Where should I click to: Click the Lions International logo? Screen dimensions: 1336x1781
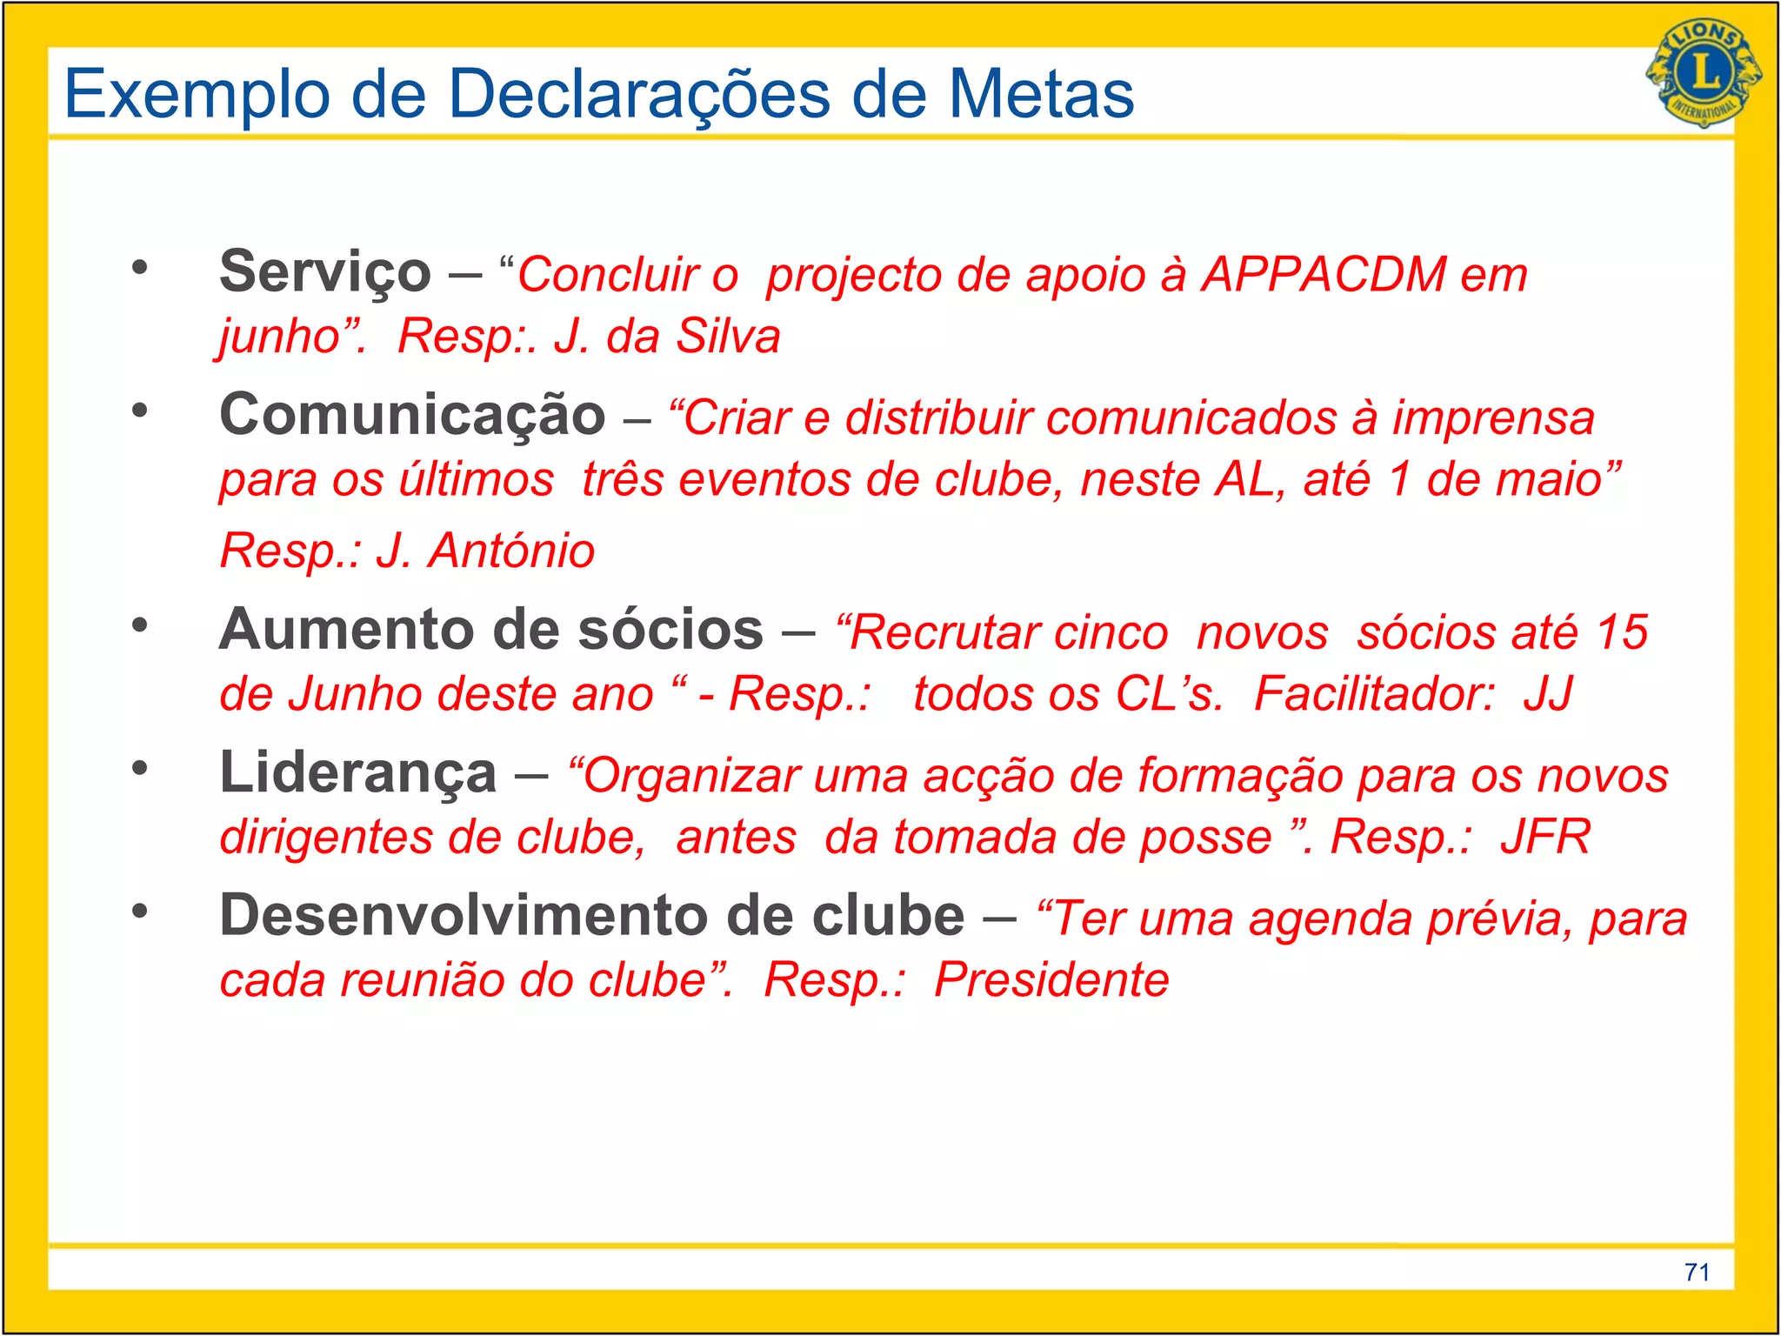pos(1704,73)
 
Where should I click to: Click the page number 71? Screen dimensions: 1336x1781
pos(1697,1273)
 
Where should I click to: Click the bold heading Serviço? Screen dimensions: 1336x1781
pos(324,271)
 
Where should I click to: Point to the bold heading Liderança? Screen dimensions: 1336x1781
pos(357,772)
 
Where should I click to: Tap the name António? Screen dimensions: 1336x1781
pos(511,551)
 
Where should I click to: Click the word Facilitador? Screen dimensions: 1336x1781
pos(1374,694)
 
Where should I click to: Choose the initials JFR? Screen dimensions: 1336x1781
pos(1545,837)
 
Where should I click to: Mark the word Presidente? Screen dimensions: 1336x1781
pos(1051,980)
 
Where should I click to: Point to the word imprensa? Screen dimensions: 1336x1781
pos(1493,418)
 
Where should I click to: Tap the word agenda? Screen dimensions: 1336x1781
pos(1330,919)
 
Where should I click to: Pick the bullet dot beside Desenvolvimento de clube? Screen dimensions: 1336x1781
pos(140,911)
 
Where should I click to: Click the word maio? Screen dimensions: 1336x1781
pos(1557,480)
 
